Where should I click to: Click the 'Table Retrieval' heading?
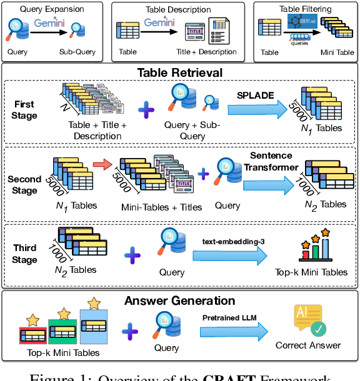[x=180, y=73]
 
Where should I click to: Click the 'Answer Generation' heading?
[x=180, y=301]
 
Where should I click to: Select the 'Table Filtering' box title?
[x=304, y=9]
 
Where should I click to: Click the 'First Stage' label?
[x=24, y=110]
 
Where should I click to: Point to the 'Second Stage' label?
[x=24, y=185]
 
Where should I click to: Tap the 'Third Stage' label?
[x=24, y=254]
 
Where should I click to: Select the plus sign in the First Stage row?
[x=146, y=111]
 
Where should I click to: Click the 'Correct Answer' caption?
[x=308, y=345]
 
